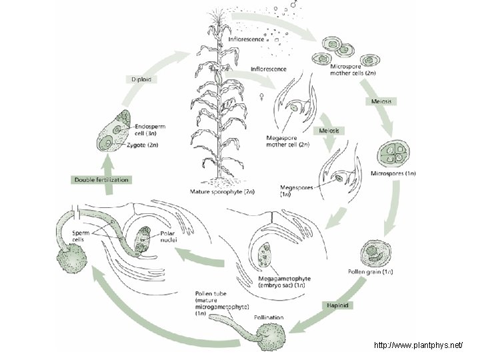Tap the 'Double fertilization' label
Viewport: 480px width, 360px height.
[101, 180]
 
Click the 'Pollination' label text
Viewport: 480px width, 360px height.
[267, 318]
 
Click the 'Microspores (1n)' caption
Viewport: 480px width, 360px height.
[393, 174]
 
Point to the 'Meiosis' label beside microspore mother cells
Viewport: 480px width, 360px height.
[382, 101]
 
